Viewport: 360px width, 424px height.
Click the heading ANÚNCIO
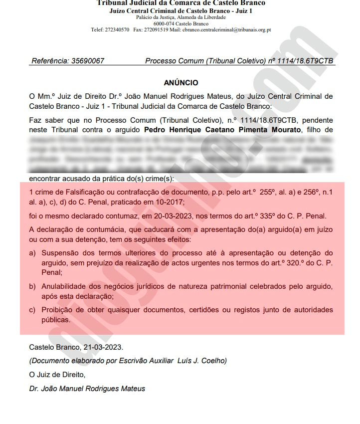(x=181, y=83)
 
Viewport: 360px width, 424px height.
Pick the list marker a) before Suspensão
(x=32, y=253)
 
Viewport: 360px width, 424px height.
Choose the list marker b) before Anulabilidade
(x=32, y=286)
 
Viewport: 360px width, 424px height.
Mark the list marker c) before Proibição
(x=32, y=310)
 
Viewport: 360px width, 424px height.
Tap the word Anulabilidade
(x=67, y=286)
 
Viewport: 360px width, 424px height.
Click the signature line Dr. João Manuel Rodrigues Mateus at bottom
(x=87, y=389)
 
